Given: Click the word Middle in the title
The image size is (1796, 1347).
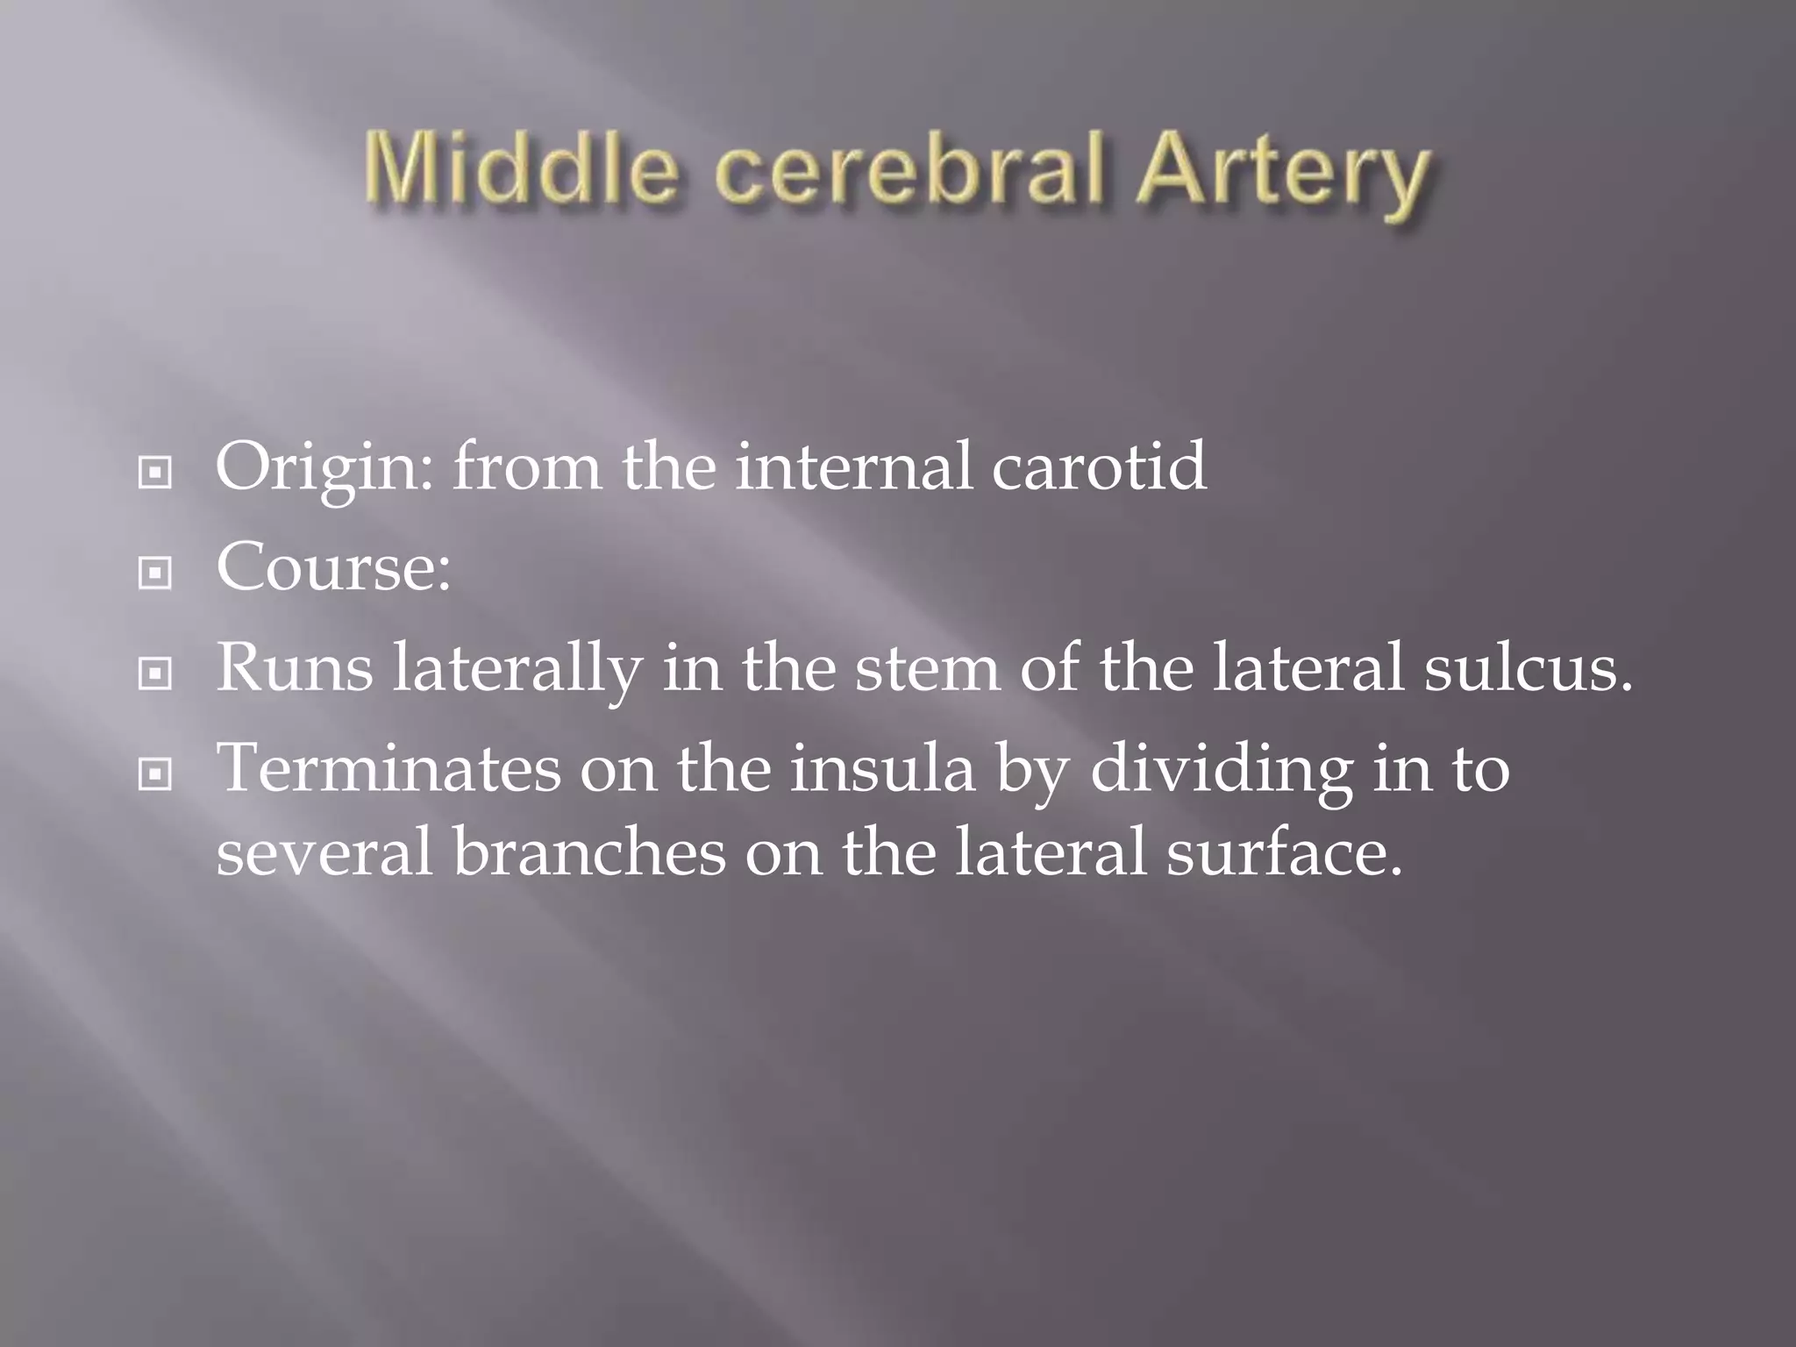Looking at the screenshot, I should (x=521, y=170).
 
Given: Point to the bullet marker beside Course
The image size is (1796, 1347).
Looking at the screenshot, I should (x=155, y=574).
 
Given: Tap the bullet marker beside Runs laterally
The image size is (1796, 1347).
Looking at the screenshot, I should (x=155, y=673).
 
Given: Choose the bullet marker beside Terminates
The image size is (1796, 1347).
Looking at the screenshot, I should (x=155, y=773).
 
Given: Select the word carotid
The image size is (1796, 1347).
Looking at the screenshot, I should (x=1099, y=467).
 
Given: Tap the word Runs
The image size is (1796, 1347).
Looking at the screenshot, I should (x=294, y=668).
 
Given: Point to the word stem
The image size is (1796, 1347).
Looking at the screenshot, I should (x=926, y=668).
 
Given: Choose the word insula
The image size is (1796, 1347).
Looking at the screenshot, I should (x=882, y=768).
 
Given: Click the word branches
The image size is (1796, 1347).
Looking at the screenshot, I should (x=589, y=852).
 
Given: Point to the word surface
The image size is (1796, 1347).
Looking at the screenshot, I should (x=1285, y=852).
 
